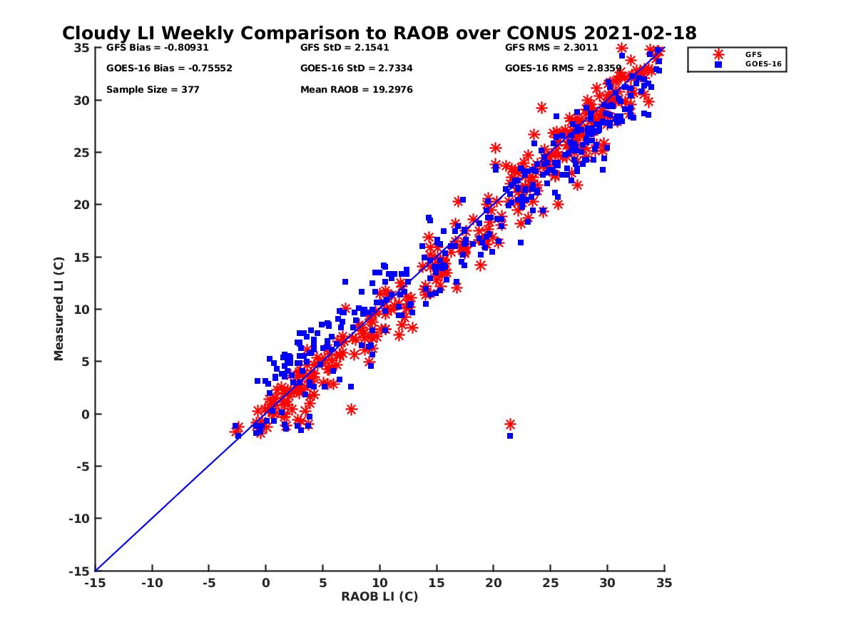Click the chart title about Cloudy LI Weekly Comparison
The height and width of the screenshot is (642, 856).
click(379, 34)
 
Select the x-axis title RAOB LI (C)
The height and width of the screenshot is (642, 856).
click(379, 596)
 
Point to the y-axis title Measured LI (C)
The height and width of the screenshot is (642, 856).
click(59, 309)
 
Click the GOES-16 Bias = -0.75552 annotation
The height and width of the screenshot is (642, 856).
click(169, 68)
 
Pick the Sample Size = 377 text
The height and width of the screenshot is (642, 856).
click(153, 90)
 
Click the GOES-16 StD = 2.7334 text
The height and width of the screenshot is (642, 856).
click(357, 68)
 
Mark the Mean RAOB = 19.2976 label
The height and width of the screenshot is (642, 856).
click(357, 90)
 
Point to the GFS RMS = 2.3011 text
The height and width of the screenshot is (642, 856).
click(551, 48)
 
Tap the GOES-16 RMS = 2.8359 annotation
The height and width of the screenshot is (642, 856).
click(561, 68)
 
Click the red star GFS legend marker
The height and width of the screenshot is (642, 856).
click(718, 54)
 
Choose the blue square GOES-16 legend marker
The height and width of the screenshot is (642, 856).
click(718, 64)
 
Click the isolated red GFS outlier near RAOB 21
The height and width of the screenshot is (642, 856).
click(510, 424)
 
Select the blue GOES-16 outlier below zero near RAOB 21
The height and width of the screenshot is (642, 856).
click(510, 436)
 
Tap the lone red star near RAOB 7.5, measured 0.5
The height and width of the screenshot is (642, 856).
click(351, 409)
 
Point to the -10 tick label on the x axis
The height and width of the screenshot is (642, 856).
click(151, 583)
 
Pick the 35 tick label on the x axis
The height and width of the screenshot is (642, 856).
click(664, 583)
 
